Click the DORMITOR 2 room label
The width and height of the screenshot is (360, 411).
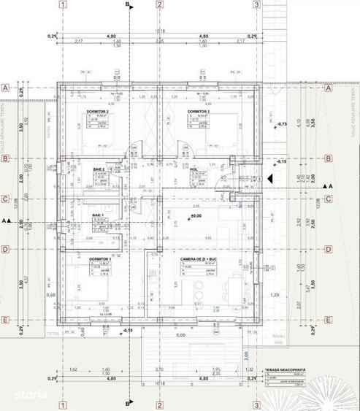pos(95,112)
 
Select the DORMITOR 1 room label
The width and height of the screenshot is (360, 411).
pos(99,259)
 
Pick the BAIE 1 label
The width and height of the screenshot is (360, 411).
pos(97,215)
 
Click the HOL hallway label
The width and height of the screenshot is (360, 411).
pos(195,169)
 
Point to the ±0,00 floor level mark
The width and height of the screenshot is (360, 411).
pos(196,216)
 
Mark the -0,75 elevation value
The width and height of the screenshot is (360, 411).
pos(283,125)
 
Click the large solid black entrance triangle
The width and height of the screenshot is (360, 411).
pos(270,177)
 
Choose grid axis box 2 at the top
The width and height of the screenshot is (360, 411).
pos(159,4)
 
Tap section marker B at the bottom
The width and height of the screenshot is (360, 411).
pos(129,404)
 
